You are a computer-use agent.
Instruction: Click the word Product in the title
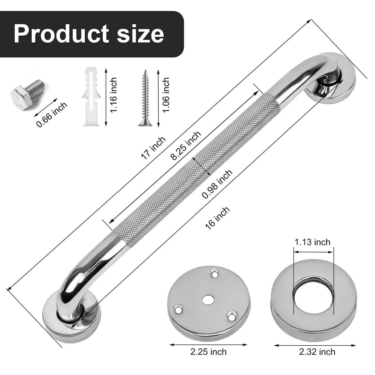[61, 34]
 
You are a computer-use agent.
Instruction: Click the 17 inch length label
[153, 148]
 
